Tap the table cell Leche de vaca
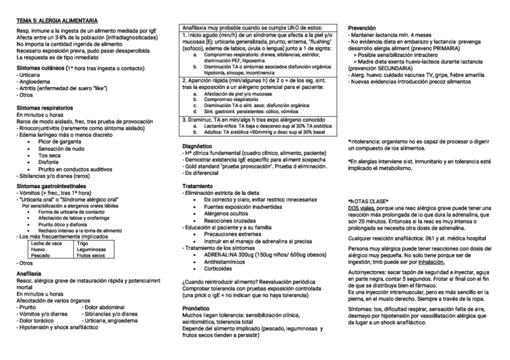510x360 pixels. coord(46,243)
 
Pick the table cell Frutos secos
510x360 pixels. coord(92,255)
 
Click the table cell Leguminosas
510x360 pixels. coord(92,249)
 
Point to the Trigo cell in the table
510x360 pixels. coord(84,243)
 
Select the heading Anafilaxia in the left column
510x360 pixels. coord(29,273)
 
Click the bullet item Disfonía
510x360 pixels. coord(49,162)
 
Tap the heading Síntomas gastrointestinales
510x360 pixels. coord(51,187)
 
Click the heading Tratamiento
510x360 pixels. coord(197,186)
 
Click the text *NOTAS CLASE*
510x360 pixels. coord(368,200)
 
